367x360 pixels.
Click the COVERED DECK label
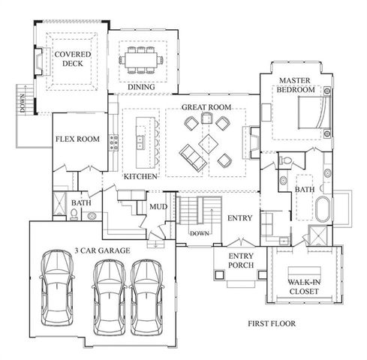[73, 58]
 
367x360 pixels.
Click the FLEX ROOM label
[77, 139]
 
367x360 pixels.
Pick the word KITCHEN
[140, 176]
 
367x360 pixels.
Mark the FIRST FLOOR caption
[272, 324]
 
